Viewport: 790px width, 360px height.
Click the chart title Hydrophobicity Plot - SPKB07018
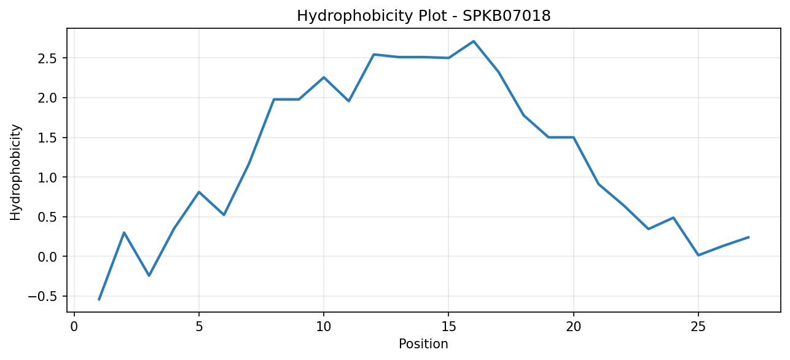(x=424, y=16)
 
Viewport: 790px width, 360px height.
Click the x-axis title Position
(x=423, y=344)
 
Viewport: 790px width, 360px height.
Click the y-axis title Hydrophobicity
(x=15, y=173)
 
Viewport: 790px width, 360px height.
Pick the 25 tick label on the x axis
(x=698, y=327)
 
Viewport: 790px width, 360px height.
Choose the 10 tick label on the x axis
(x=323, y=327)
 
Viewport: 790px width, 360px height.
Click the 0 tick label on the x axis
(x=74, y=327)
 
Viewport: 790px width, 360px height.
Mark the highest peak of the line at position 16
(x=473, y=41)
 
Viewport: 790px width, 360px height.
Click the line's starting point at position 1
(x=99, y=300)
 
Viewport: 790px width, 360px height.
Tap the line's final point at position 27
(x=748, y=237)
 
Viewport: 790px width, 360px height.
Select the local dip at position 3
(x=149, y=276)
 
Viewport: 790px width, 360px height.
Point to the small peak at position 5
(x=199, y=192)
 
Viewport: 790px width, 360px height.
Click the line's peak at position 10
(x=323, y=77)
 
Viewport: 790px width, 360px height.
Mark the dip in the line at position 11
(x=348, y=101)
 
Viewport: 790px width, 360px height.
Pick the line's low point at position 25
(x=698, y=255)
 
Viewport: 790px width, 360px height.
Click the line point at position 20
(x=573, y=137)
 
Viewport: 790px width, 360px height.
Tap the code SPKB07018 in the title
(x=506, y=16)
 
